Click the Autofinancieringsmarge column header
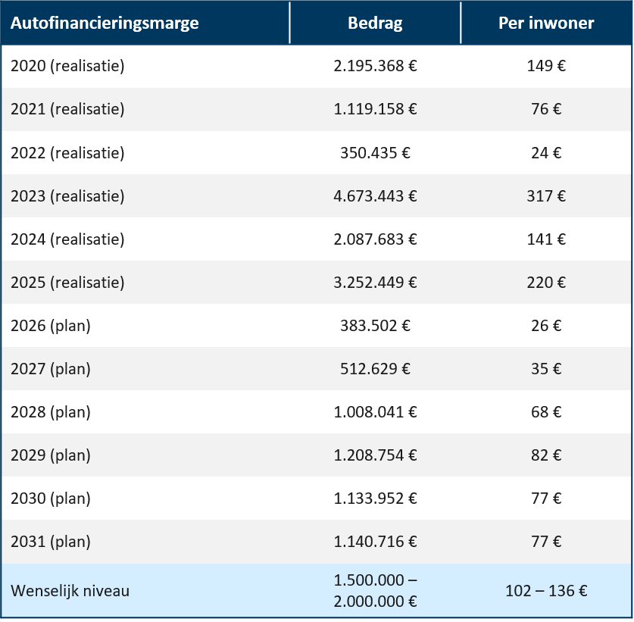(x=105, y=23)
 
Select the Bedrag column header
(x=375, y=23)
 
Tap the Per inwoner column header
(x=546, y=23)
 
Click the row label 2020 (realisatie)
(x=67, y=66)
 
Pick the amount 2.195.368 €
(x=375, y=66)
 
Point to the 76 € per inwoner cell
(x=546, y=109)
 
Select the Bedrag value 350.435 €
(x=375, y=153)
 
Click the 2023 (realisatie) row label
(x=67, y=196)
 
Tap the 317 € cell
(x=546, y=196)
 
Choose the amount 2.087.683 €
(x=375, y=239)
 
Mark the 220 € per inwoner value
(x=546, y=283)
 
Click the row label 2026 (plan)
(x=51, y=326)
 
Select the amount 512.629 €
(x=375, y=369)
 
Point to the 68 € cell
(x=546, y=412)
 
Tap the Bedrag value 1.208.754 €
(x=375, y=455)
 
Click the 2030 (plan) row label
(x=51, y=499)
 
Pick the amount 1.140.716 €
(x=375, y=542)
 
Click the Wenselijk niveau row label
(x=70, y=591)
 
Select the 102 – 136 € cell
(x=546, y=591)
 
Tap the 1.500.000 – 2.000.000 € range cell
(x=375, y=591)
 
